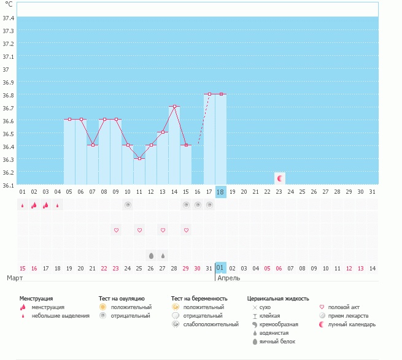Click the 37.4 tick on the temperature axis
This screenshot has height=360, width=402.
coord(9,18)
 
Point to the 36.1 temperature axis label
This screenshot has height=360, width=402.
coord(9,185)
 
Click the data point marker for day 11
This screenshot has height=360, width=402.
coord(139,159)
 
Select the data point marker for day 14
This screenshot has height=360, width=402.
coord(174,107)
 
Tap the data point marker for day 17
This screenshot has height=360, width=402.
coord(209,94)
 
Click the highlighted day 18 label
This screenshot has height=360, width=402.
coord(221,192)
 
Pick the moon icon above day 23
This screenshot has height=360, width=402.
coord(280,178)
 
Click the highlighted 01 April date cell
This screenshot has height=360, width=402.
coord(221,267)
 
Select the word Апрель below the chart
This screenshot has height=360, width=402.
coord(229,278)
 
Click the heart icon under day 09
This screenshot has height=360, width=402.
coord(116,230)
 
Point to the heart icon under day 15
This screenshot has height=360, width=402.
coord(186,230)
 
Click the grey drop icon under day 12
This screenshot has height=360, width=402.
coord(151,255)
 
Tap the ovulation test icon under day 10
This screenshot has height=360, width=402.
coord(128,205)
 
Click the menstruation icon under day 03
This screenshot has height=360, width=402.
coord(45,205)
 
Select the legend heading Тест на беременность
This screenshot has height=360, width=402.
coord(199,298)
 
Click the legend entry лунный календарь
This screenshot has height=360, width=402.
coord(352,324)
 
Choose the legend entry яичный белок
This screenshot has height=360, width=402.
coord(276,341)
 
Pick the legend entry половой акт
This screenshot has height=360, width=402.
coord(342,307)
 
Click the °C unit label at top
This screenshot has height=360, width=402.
coord(9,4)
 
